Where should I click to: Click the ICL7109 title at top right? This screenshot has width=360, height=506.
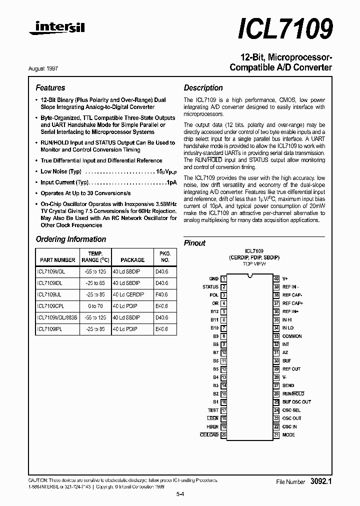286,29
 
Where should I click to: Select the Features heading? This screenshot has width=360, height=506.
50,87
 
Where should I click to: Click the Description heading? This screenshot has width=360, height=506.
203,87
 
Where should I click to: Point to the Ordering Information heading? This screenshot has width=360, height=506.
70,239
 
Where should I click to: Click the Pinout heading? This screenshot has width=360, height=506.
194,243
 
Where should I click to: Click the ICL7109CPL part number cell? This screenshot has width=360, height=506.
50,306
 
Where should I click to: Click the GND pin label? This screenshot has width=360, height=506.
213,278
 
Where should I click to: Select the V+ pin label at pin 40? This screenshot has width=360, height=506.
285,278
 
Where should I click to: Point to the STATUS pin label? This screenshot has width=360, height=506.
210,287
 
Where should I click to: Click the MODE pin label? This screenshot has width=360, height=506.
288,435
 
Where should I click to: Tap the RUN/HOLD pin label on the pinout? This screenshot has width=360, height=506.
293,394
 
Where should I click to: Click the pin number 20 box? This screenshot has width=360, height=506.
223,435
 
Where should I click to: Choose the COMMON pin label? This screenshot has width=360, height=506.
292,336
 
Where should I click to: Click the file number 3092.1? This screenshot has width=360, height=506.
320,481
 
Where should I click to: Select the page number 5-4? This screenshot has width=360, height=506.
180,494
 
